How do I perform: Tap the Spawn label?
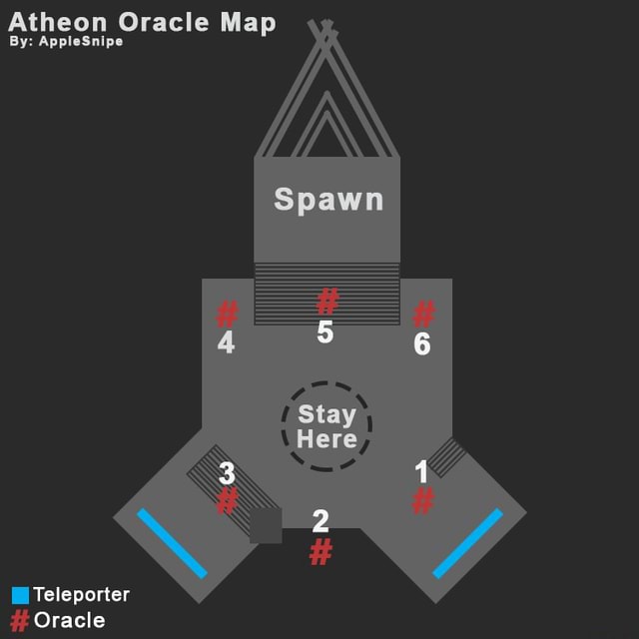(x=328, y=199)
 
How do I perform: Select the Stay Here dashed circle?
(x=326, y=426)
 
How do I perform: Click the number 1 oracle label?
(x=421, y=471)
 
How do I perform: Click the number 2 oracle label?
(x=320, y=520)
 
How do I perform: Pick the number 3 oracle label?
(x=228, y=473)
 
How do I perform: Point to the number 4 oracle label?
(x=227, y=342)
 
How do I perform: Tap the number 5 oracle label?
(x=324, y=332)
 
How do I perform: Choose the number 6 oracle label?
(x=422, y=344)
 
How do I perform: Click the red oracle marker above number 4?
(x=228, y=315)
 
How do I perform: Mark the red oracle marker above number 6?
(x=423, y=314)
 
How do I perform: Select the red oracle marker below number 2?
(x=320, y=551)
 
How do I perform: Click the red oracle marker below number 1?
(x=423, y=500)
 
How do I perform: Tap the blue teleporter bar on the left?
(x=172, y=543)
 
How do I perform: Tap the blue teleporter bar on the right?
(x=467, y=543)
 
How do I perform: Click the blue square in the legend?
(x=20, y=595)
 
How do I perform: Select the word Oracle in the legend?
(x=69, y=620)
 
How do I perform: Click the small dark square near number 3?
(x=266, y=525)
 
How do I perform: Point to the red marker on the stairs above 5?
(x=327, y=301)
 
